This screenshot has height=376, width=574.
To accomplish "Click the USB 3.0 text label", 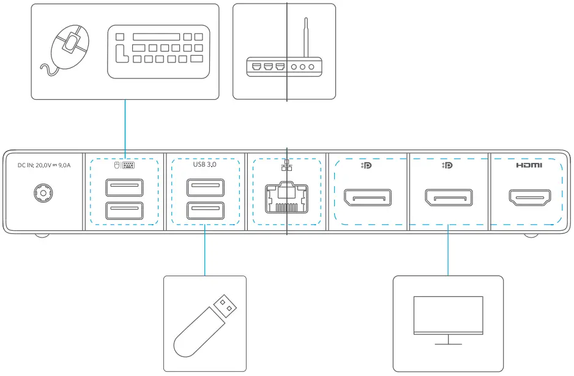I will click(205, 165).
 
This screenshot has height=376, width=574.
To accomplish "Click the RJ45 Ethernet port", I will click(286, 197).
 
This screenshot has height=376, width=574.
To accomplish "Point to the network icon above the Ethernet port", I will click(286, 166).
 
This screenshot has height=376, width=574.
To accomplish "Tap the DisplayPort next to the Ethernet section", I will click(367, 198).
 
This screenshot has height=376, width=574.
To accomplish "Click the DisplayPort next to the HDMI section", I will click(448, 198).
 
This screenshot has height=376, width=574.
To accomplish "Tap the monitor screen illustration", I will click(448, 314).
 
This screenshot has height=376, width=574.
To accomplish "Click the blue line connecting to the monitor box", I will click(448, 251).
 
